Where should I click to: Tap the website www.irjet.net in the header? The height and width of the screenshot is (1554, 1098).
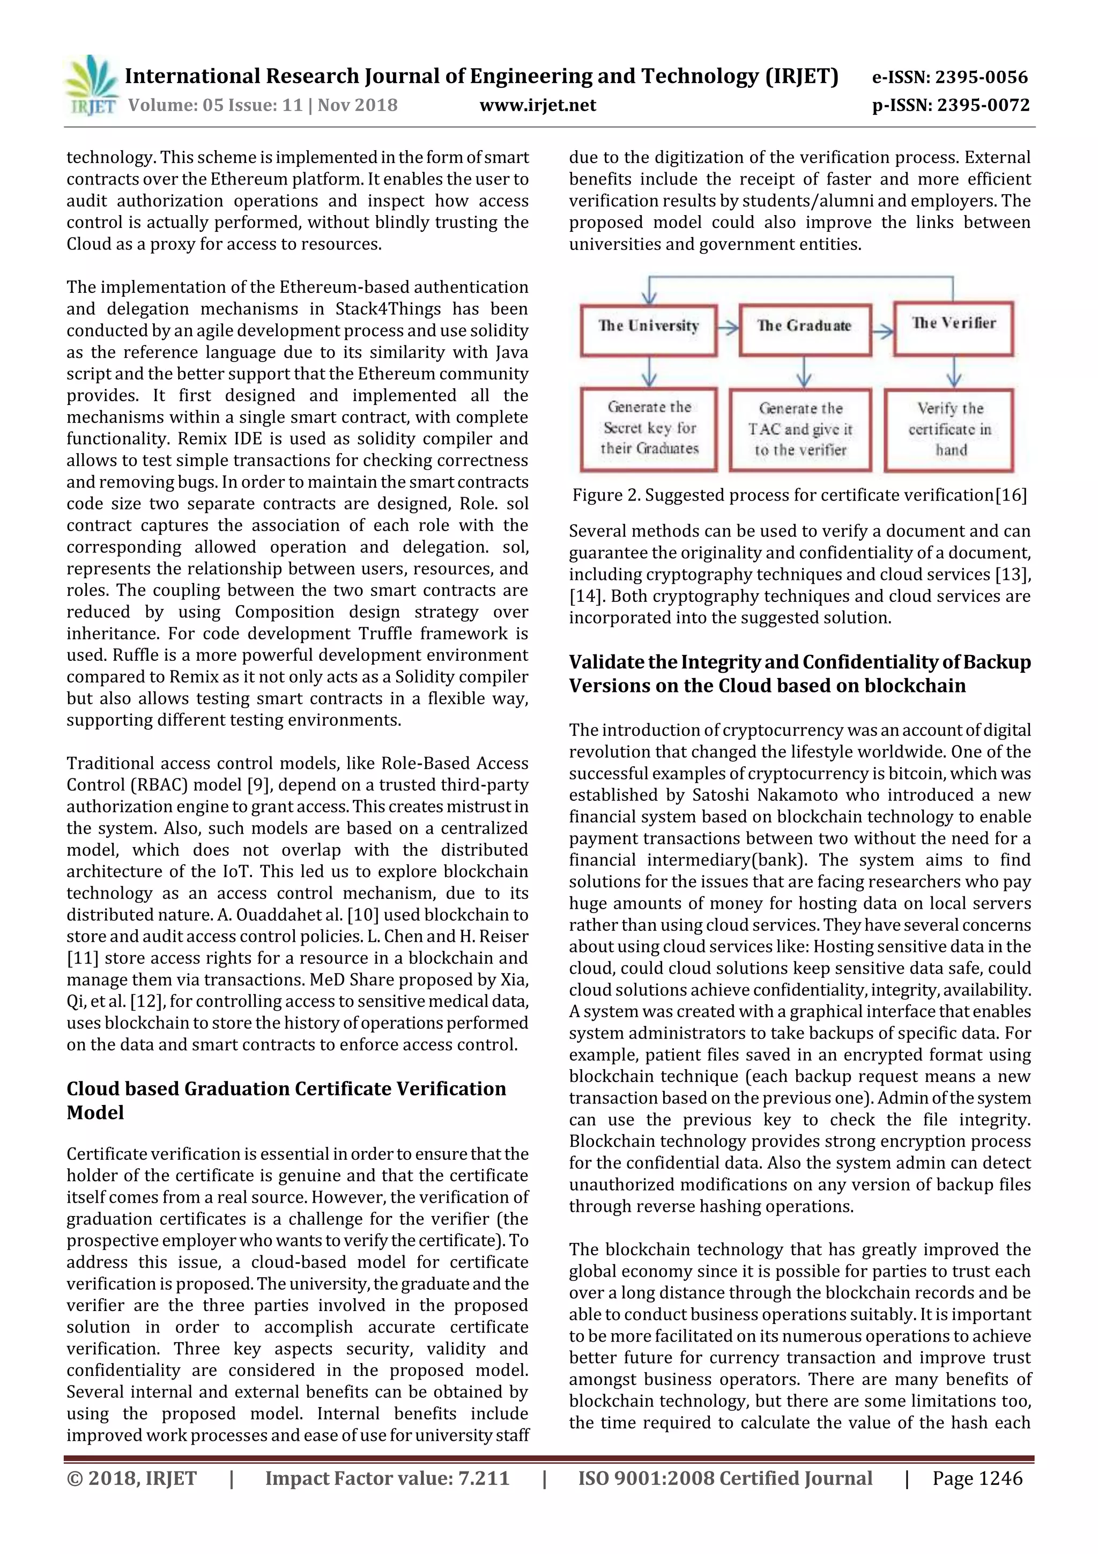pyautogui.click(x=538, y=106)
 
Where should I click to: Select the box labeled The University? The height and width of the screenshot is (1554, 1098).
pyautogui.click(x=648, y=329)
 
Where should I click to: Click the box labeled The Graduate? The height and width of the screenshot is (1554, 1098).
pyautogui.click(x=804, y=329)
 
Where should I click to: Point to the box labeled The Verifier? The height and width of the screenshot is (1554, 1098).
pyautogui.click(x=953, y=328)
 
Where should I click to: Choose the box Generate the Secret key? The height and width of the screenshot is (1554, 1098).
pyautogui.click(x=649, y=429)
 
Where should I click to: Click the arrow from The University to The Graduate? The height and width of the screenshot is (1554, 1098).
pyautogui.click(x=728, y=329)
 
